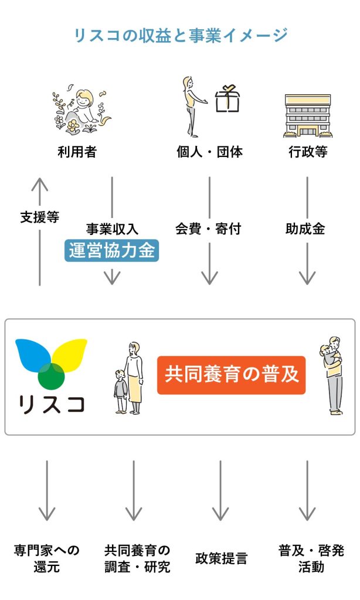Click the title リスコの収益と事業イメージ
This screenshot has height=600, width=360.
tap(180, 35)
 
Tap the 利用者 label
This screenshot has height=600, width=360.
tap(77, 152)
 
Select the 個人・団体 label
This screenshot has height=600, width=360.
tap(209, 152)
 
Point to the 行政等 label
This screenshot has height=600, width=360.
tap(307, 152)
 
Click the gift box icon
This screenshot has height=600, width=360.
tap(229, 100)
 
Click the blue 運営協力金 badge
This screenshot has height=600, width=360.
tap(111, 251)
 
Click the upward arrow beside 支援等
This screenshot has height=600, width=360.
tap(40, 234)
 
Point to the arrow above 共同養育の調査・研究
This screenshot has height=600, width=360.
tap(134, 489)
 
